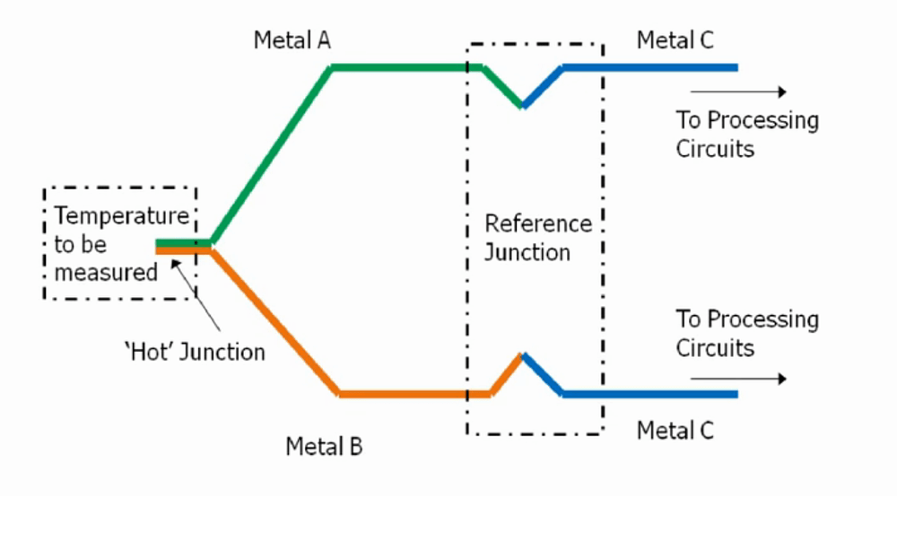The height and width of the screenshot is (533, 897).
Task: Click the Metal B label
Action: (x=324, y=446)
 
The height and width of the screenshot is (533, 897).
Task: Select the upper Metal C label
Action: (x=675, y=40)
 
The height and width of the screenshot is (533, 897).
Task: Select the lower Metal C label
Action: (x=675, y=431)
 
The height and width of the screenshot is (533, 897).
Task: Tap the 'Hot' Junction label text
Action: (x=195, y=352)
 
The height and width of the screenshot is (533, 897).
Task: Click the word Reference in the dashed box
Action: (x=538, y=223)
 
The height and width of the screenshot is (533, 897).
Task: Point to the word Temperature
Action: (x=121, y=216)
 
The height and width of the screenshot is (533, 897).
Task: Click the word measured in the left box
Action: (x=106, y=272)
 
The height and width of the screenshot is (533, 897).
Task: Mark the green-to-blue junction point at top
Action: (x=523, y=106)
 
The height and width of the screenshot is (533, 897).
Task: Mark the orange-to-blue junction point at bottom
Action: (x=523, y=355)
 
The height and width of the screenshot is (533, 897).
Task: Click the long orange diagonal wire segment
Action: (x=274, y=320)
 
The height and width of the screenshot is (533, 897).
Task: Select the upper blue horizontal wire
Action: (x=650, y=67)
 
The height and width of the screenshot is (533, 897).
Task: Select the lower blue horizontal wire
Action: (x=650, y=394)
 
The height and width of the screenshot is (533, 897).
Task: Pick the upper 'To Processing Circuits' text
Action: (x=746, y=134)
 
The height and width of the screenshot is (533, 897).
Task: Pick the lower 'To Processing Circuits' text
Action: (x=746, y=333)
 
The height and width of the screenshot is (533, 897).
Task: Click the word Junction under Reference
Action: (x=527, y=252)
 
